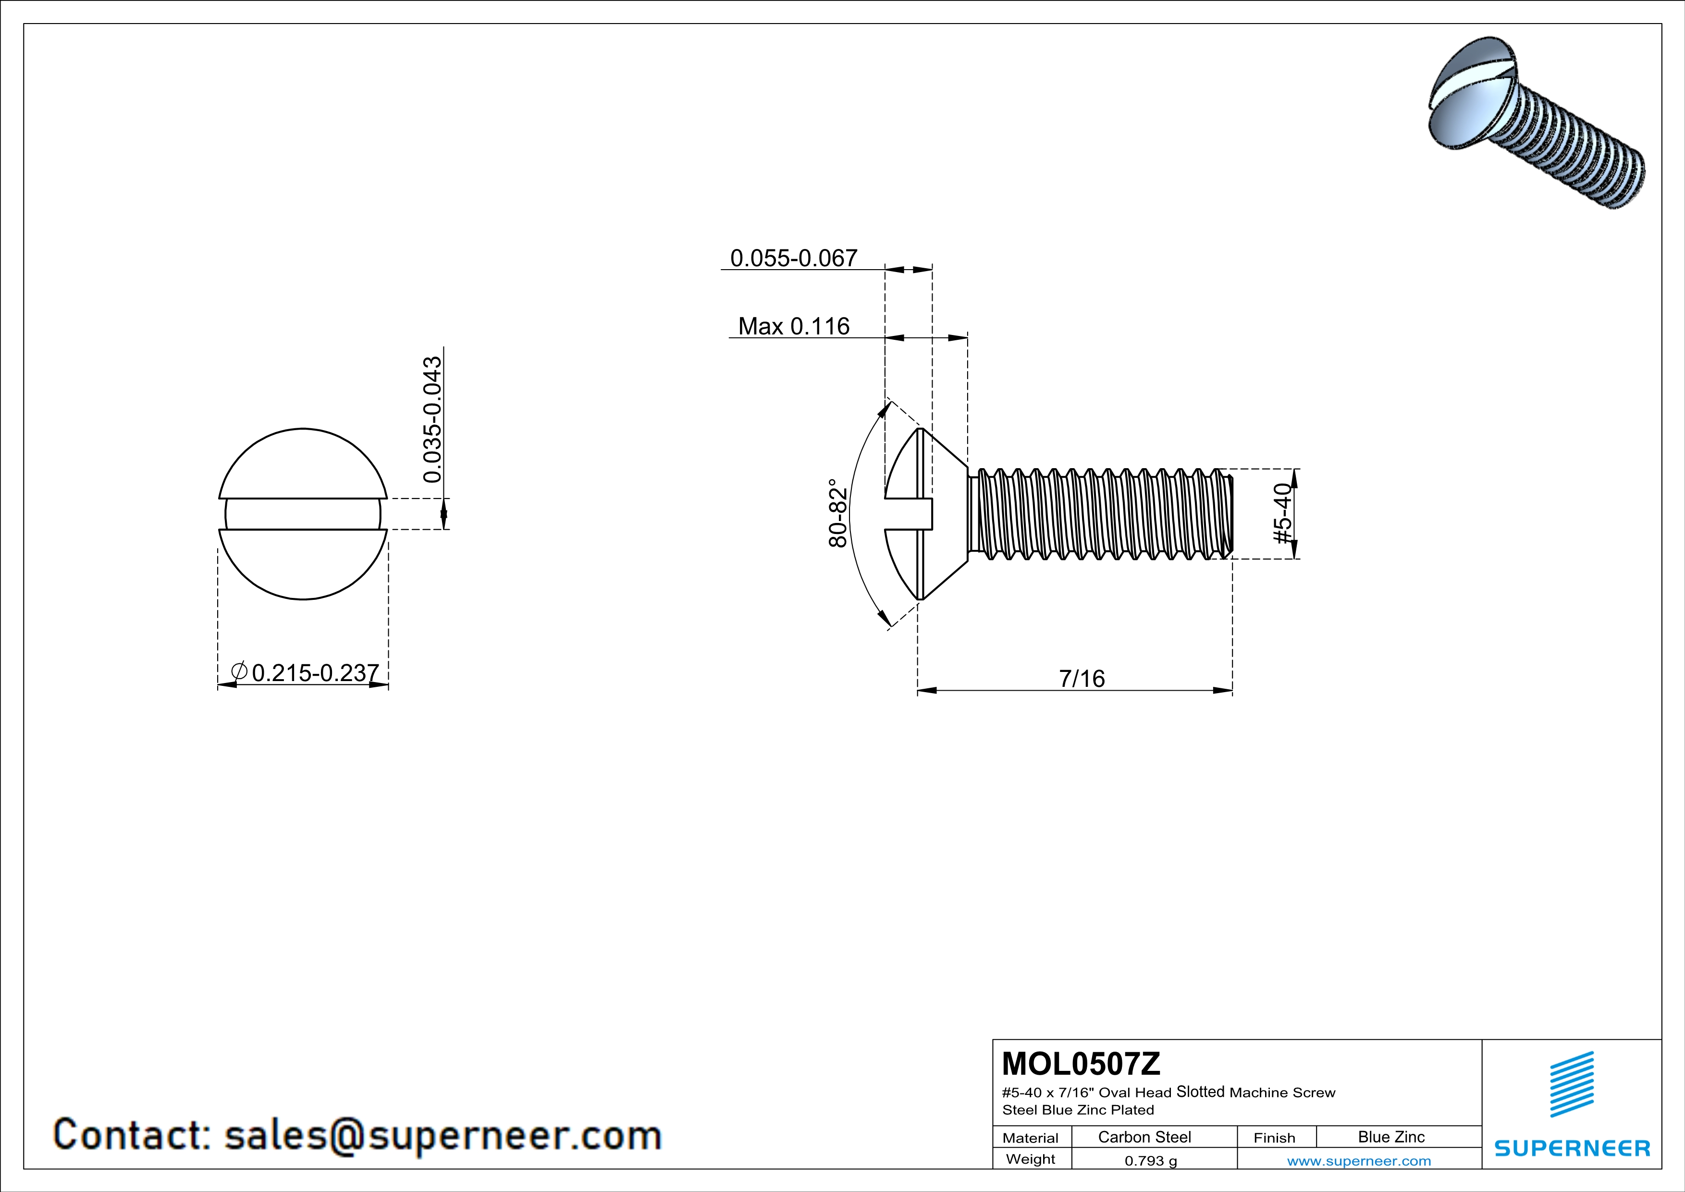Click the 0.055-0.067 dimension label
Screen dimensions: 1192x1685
pos(793,259)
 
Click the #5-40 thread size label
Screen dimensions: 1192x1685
pos(1282,514)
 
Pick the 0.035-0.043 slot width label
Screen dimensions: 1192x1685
pos(433,420)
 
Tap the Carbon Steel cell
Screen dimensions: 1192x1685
pos(1144,1137)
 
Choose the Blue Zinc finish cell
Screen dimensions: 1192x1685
pos(1390,1137)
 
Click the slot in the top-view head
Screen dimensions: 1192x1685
pos(303,514)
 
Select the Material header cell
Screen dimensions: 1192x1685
pos(1031,1138)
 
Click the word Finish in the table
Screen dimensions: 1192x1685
pos(1274,1138)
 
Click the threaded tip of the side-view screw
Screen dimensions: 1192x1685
pos(1227,514)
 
